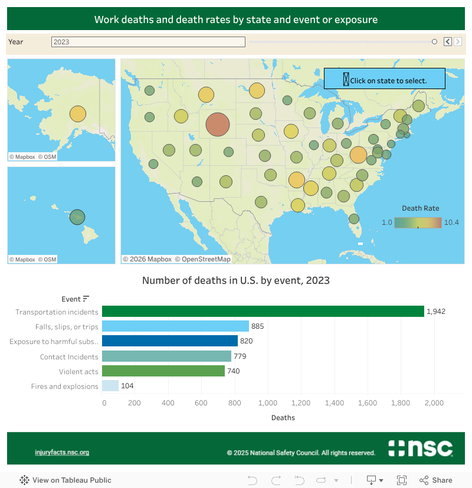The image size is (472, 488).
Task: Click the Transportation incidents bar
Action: [263, 312]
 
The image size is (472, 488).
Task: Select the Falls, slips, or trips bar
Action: [175, 326]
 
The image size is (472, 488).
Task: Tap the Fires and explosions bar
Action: [110, 386]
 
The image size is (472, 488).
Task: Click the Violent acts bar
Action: [163, 371]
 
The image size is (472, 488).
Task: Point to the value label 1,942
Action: [436, 312]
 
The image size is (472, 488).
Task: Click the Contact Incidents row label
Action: [69, 356]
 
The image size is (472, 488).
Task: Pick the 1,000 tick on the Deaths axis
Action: [268, 403]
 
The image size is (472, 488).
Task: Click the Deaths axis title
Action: [283, 418]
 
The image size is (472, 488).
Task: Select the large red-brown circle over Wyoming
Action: [217, 125]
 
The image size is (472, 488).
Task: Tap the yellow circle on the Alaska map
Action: [78, 114]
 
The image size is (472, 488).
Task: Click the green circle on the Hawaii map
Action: [77, 217]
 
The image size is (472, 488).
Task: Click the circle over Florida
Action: [354, 218]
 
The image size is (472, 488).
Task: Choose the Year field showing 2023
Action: [148, 42]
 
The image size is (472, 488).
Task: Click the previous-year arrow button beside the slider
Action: [447, 42]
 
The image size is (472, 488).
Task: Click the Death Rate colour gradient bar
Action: [418, 222]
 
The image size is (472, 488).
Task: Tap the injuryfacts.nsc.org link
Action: [62, 453]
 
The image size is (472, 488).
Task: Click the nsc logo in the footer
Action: [421, 448]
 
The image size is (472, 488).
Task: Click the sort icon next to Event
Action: [86, 299]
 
